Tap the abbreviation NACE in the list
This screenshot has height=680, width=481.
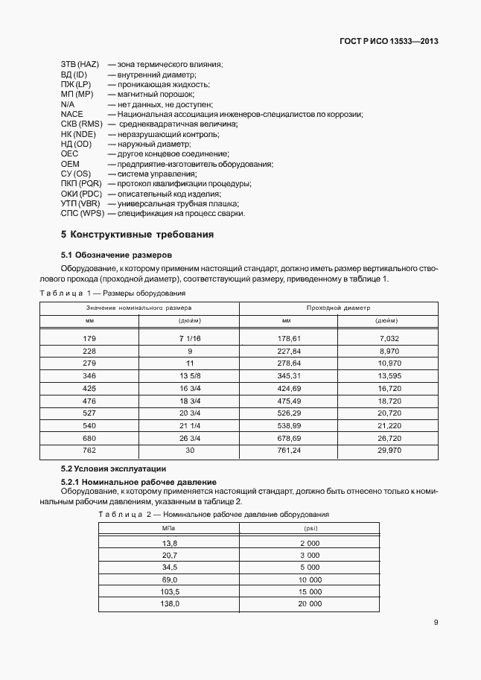(72, 115)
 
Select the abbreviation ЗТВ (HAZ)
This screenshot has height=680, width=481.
(79, 65)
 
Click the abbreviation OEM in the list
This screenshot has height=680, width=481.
(70, 164)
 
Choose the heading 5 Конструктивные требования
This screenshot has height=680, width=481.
(138, 235)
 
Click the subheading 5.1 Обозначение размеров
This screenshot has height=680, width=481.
(116, 254)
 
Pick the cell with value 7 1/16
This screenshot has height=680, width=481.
(190, 338)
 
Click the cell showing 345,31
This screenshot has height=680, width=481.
(289, 375)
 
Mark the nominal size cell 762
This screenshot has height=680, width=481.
(89, 451)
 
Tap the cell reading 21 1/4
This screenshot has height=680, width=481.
(190, 425)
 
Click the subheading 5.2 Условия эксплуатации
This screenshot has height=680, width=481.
(113, 469)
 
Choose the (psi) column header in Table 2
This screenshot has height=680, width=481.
(309, 528)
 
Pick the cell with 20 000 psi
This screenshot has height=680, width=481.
(309, 604)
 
